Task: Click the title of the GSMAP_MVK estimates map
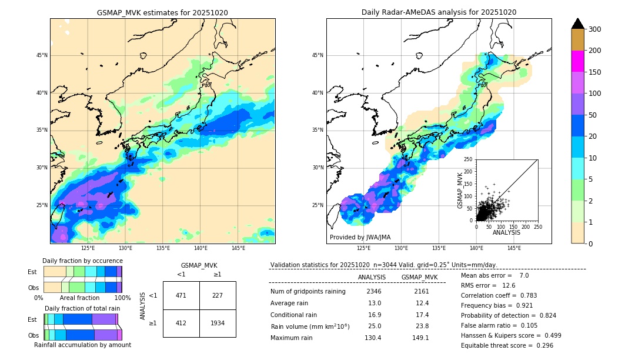click(x=162, y=12)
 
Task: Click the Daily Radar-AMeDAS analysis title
click(x=439, y=12)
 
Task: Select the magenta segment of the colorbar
click(x=577, y=61)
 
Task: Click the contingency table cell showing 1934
click(x=218, y=323)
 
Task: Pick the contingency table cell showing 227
click(x=218, y=295)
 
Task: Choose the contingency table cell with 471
click(x=181, y=295)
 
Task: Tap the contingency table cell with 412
click(x=181, y=323)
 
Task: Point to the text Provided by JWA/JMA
click(x=360, y=238)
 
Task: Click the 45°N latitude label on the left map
click(x=42, y=55)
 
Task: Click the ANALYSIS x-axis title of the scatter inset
click(x=506, y=232)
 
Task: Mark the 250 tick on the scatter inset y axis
click(x=469, y=159)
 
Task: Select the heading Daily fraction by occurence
click(x=82, y=261)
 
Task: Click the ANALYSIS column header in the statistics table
click(x=372, y=277)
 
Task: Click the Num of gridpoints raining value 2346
click(x=374, y=291)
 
